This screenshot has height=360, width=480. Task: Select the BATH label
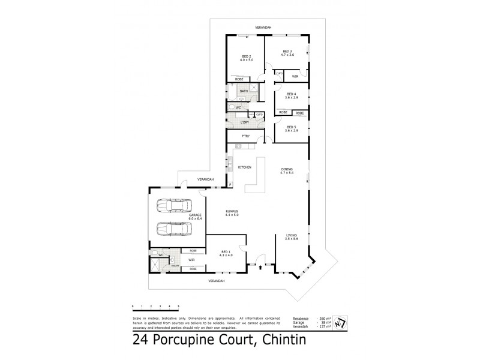click(x=244, y=91)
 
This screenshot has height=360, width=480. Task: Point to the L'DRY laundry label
click(x=245, y=122)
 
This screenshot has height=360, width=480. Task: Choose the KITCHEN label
click(x=244, y=167)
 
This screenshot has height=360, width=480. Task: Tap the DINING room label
click(x=287, y=171)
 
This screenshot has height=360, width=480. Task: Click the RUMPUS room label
click(x=232, y=212)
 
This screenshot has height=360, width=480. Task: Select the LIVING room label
click(x=291, y=236)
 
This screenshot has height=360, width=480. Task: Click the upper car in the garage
click(x=172, y=206)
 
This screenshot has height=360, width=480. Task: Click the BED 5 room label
click(x=291, y=128)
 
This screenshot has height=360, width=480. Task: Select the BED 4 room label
click(x=291, y=95)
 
